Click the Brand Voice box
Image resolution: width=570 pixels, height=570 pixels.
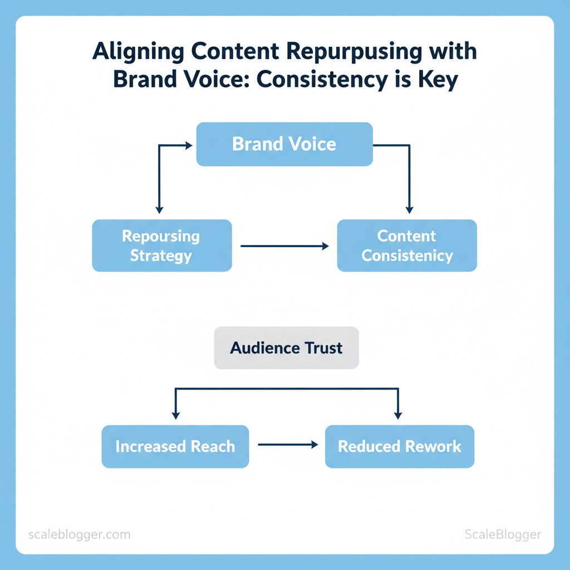click(x=284, y=144)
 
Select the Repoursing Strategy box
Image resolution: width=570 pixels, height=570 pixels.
click(x=161, y=245)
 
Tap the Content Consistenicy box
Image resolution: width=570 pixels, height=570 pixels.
click(x=407, y=245)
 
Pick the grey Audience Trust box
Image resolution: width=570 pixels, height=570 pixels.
click(x=286, y=348)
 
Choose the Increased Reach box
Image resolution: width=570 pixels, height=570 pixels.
click(x=175, y=446)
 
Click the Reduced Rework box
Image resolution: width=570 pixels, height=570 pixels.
click(x=399, y=446)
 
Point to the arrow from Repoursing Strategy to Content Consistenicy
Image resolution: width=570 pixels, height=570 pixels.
click(x=284, y=245)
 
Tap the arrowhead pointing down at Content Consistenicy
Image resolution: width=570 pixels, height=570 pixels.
click(x=409, y=210)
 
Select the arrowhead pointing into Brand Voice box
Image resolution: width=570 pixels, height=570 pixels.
click(x=188, y=145)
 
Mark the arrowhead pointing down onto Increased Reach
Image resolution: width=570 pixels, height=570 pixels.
click(x=176, y=415)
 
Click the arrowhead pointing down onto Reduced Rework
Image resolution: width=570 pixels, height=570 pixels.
click(x=397, y=415)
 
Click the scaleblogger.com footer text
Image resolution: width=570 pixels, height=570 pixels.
click(x=79, y=535)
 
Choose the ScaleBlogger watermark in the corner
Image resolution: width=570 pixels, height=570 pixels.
click(x=503, y=534)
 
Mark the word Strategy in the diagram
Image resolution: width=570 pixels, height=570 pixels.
click(x=161, y=256)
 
